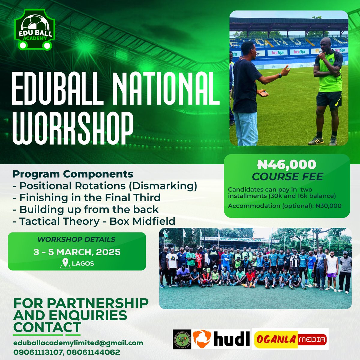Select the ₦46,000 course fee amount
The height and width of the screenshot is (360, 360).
(287, 164)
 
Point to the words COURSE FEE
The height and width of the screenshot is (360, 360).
(287, 177)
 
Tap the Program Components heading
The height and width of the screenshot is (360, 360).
(73, 174)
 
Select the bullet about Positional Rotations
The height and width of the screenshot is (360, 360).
(105, 186)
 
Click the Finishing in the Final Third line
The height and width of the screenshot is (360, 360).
(87, 198)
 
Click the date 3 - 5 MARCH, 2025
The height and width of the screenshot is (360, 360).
(77, 252)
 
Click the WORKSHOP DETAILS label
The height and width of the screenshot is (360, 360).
(76, 239)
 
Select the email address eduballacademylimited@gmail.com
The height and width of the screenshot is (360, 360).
(78, 343)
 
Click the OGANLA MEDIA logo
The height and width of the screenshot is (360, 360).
(290, 339)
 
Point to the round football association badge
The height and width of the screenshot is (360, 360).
(181, 339)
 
